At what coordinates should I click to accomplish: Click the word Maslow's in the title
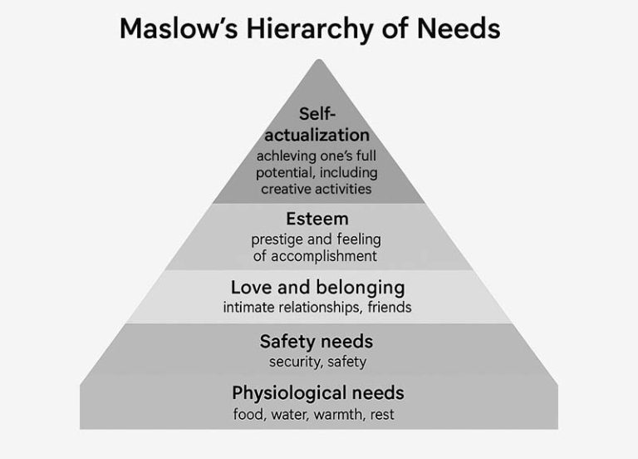pyautogui.click(x=179, y=28)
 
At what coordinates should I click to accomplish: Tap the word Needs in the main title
pyautogui.click(x=459, y=28)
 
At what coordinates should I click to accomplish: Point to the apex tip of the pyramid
pyautogui.click(x=319, y=60)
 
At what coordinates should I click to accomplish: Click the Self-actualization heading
pyautogui.click(x=317, y=124)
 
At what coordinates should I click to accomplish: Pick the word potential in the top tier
pyautogui.click(x=284, y=173)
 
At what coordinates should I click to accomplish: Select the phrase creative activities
pyautogui.click(x=317, y=189)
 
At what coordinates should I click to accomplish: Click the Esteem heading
pyautogui.click(x=317, y=219)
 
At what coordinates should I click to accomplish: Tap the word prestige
pyautogui.click(x=277, y=239)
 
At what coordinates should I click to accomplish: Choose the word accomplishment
pyautogui.click(x=324, y=257)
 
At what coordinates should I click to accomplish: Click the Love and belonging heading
pyautogui.click(x=318, y=288)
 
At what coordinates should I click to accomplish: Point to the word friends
pyautogui.click(x=390, y=307)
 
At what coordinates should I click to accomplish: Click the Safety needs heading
pyautogui.click(x=317, y=342)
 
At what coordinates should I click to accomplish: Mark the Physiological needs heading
pyautogui.click(x=318, y=393)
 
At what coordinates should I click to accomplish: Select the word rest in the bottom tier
pyautogui.click(x=382, y=415)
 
